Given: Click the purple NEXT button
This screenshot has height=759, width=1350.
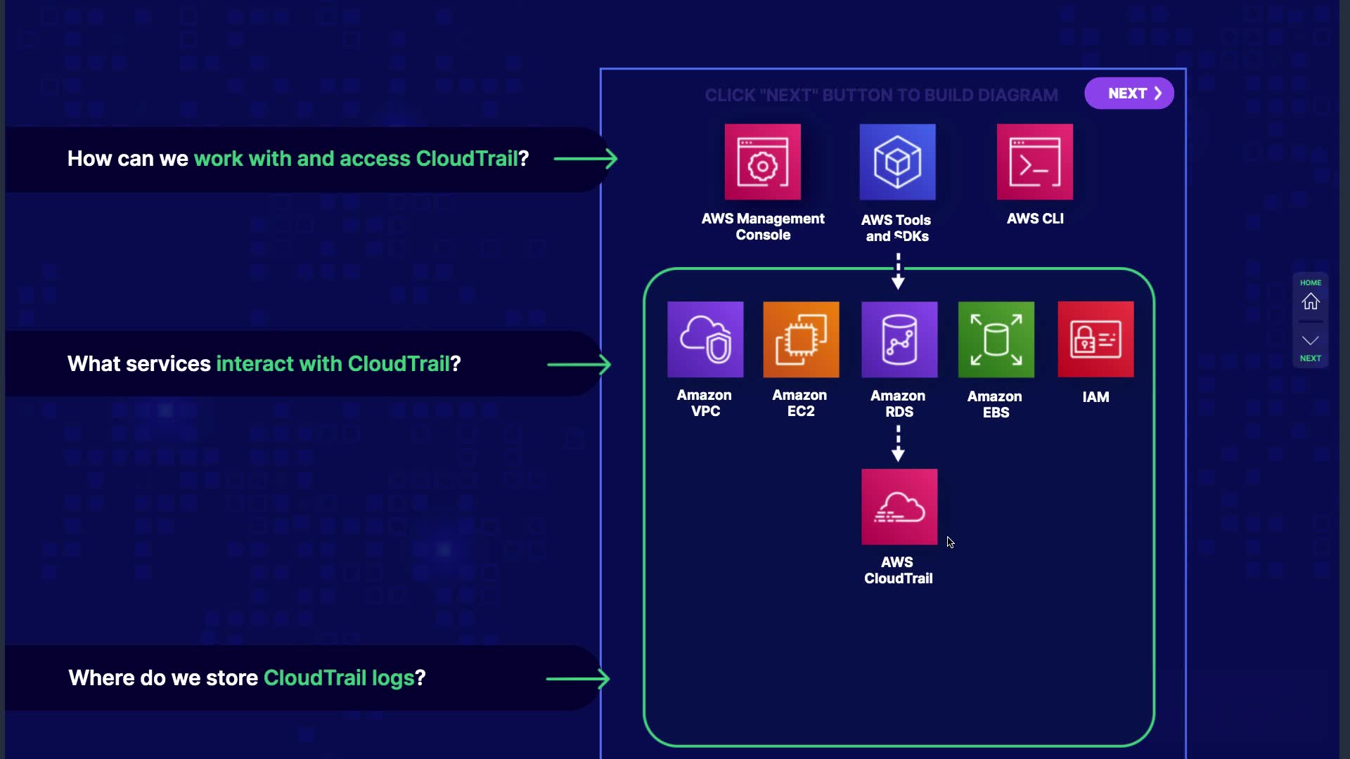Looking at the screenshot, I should [x=1129, y=93].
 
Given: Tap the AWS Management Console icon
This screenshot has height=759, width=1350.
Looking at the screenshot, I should [x=762, y=162].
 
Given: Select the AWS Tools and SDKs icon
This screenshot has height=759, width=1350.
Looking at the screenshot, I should [x=897, y=162].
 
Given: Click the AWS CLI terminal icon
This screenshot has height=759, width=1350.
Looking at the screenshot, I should [x=1034, y=162].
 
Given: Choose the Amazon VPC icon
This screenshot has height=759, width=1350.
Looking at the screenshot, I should [x=705, y=339].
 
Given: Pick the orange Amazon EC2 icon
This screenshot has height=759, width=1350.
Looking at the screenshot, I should [x=801, y=339].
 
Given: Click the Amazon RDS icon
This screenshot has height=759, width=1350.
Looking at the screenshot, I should [x=899, y=339].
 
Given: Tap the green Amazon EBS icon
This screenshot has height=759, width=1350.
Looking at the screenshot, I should [x=996, y=339].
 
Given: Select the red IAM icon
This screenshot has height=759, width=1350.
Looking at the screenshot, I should [x=1095, y=339].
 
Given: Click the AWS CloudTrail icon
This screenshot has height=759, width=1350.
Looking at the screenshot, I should [x=899, y=507].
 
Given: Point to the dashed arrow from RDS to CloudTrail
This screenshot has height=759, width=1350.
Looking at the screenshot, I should [x=898, y=443].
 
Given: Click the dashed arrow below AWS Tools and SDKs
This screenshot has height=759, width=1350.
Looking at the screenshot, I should [x=898, y=271].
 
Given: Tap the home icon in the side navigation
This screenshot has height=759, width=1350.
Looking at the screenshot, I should [x=1310, y=301].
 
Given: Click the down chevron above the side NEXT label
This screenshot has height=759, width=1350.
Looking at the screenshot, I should [x=1310, y=341].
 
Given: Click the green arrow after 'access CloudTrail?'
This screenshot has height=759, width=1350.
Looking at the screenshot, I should [x=585, y=159].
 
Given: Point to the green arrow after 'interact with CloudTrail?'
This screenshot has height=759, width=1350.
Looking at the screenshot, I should [x=579, y=365].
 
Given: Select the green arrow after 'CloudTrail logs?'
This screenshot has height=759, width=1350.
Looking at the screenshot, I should [x=577, y=679].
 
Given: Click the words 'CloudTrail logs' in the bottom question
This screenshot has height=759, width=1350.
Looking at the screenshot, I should [x=338, y=677].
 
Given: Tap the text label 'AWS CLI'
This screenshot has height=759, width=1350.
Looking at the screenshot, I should [x=1035, y=219].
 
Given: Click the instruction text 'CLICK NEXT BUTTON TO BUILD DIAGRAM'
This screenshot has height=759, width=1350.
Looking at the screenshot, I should [x=881, y=95].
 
